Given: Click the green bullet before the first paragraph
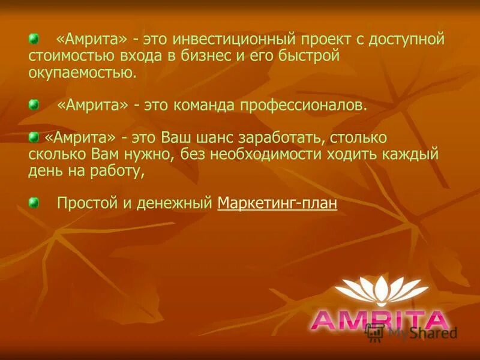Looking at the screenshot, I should click(34, 39).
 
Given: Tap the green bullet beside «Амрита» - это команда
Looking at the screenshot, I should click(34, 105).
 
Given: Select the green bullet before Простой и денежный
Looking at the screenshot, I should click(34, 202).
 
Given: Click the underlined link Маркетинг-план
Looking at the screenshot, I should click(277, 203).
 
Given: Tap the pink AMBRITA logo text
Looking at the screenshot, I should click(380, 320).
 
